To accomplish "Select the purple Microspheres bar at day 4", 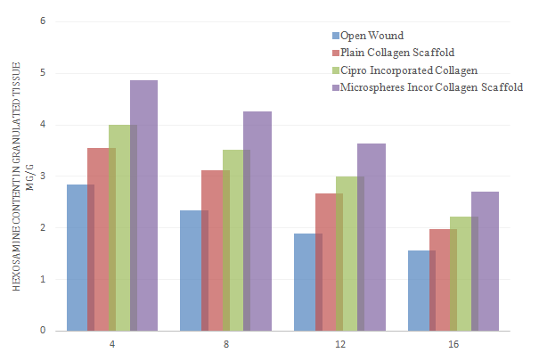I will pos(143,205).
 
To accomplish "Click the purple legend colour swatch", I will pos(335,87).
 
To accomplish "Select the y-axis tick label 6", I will pos(43,21).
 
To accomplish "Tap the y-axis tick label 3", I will pos(43,176).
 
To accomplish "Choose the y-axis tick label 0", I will pos(43,331).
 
